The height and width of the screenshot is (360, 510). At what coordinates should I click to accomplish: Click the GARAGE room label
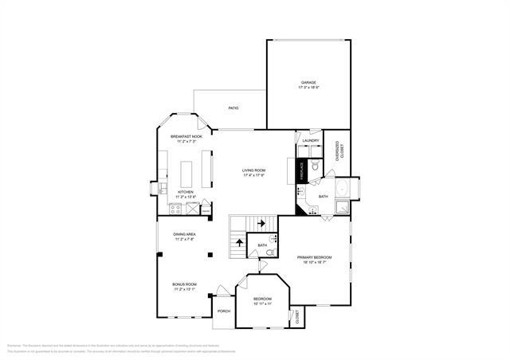point(308,83)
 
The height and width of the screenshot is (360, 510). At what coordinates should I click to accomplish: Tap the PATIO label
point(233,108)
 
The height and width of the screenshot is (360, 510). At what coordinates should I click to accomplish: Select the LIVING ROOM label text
point(254,170)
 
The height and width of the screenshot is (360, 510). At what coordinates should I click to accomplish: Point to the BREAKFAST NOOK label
point(186,136)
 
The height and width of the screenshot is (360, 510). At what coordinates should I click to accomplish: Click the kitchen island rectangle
point(187,173)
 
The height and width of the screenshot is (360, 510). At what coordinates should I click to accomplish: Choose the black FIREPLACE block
point(302,170)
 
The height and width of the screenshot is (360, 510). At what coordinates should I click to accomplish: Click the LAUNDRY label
point(311,141)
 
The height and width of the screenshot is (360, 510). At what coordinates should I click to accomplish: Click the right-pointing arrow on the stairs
point(261,223)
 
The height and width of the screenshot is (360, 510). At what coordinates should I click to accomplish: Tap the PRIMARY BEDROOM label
point(314,257)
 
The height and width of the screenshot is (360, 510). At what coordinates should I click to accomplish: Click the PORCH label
point(224,311)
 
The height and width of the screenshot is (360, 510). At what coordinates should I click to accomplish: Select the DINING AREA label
point(185,233)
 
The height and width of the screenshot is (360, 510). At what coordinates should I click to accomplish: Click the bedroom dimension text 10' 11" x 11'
point(263,303)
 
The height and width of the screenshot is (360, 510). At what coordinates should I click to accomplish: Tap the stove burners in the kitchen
point(175,209)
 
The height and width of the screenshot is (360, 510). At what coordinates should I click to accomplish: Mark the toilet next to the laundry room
point(316,166)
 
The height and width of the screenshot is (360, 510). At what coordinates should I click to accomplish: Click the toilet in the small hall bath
point(270,252)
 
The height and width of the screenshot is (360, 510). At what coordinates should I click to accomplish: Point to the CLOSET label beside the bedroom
point(297,317)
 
